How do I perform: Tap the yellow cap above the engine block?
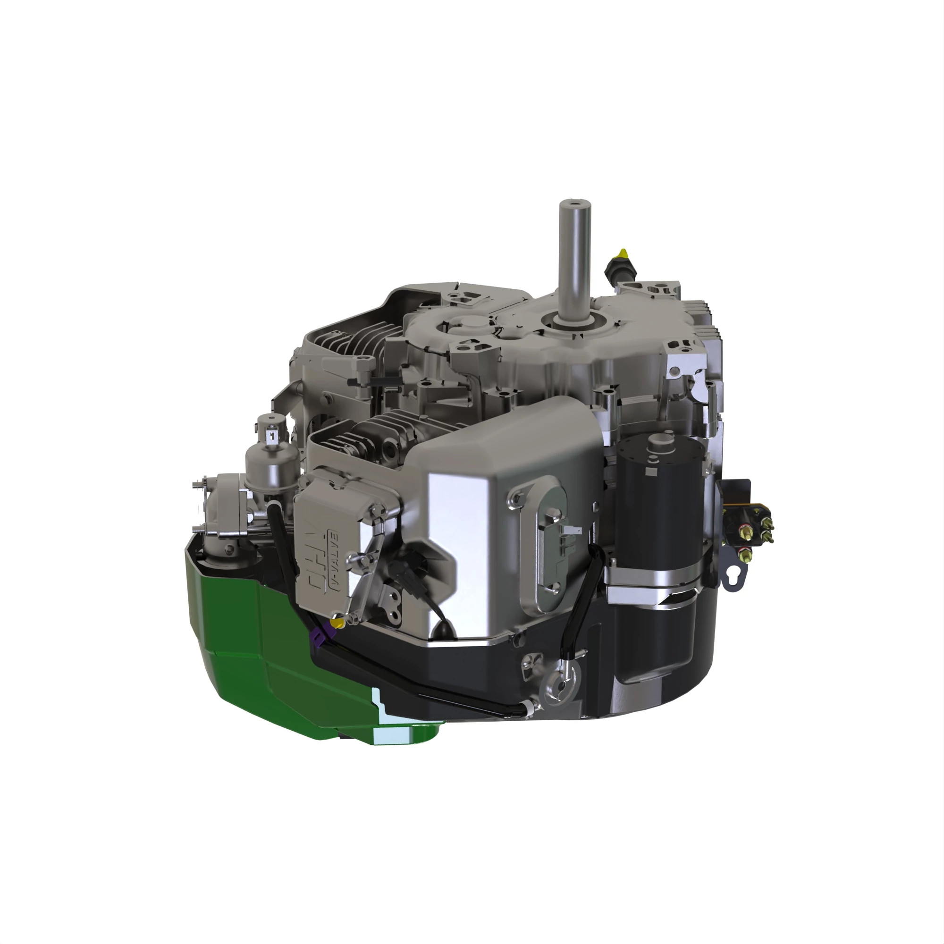coord(622,253)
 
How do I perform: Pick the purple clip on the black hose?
coord(320,635)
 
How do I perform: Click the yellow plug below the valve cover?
coord(337,623)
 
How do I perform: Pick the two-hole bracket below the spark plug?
coord(391,606)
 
